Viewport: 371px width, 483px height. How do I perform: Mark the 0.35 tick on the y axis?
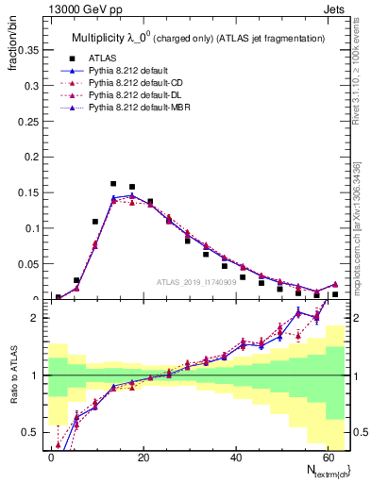pos(27,47)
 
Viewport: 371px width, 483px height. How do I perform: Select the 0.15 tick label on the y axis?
pos(27,192)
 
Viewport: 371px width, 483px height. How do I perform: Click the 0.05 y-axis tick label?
pos(27,264)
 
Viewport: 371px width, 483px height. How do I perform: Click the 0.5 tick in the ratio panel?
pos(29,432)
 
